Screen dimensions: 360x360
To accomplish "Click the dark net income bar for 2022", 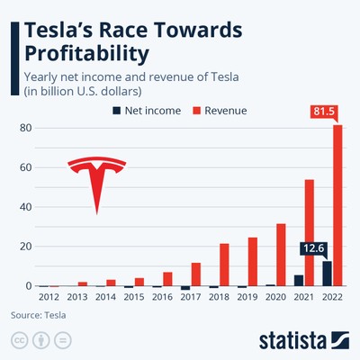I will tap(327, 274).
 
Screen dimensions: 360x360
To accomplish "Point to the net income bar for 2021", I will tap(299, 280).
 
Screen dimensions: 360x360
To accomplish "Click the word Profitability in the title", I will tap(88, 54).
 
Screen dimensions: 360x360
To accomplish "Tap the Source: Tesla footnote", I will tap(38, 316).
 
